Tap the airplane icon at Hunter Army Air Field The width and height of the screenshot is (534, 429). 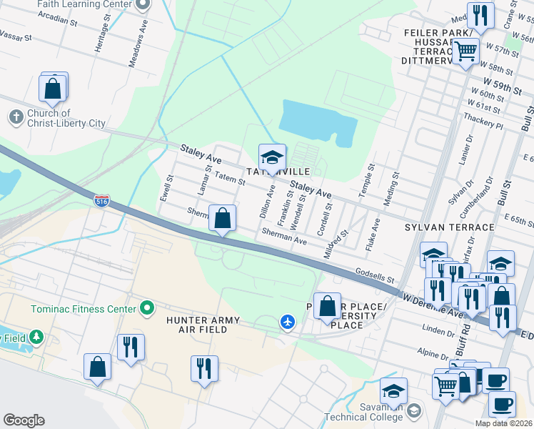(x=288, y=323)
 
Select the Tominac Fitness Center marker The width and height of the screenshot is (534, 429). (x=148, y=309)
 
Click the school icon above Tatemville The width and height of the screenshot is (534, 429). (x=272, y=157)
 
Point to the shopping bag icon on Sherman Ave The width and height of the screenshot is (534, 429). (x=223, y=217)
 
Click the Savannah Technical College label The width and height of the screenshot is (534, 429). (x=364, y=417)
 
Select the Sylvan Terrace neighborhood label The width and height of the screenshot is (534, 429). (x=449, y=227)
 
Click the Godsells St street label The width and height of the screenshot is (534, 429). (x=375, y=275)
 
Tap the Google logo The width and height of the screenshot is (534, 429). (x=24, y=420)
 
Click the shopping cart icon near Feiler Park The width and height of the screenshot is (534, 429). (x=465, y=51)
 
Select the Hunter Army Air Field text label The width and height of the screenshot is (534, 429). (x=208, y=325)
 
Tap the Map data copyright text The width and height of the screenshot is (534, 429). (x=503, y=423)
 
